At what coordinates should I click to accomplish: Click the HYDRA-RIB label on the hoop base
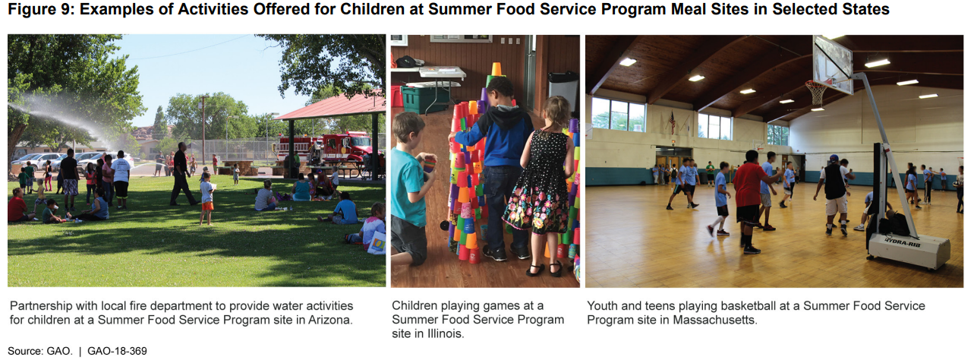click(902, 242)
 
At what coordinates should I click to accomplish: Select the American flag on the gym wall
click(672, 122)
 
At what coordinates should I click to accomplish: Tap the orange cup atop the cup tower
click(496, 69)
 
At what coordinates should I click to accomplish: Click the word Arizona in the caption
click(329, 320)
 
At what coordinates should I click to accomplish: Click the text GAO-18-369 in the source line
click(117, 351)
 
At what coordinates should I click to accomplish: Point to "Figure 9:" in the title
click(41, 9)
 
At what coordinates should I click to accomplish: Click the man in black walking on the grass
click(182, 173)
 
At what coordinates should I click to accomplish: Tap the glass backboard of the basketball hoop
click(833, 65)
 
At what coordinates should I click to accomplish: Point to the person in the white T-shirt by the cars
click(121, 178)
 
